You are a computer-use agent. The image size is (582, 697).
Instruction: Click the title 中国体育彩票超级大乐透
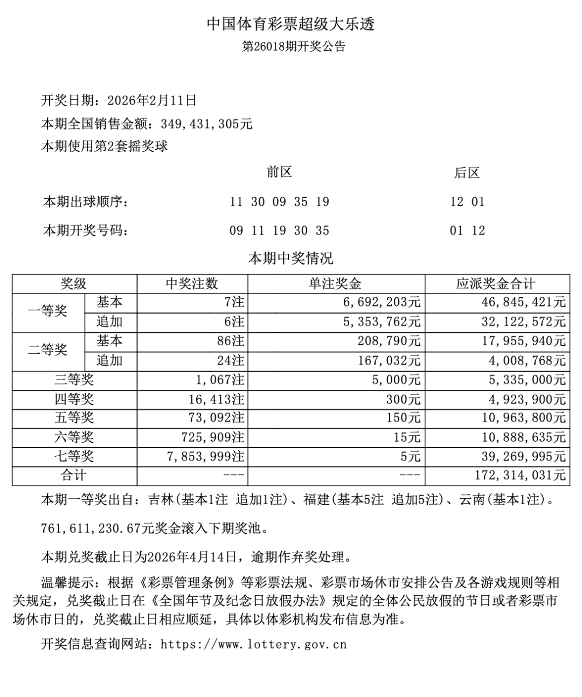pyautogui.click(x=290, y=24)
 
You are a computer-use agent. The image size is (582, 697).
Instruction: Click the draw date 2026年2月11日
pyautogui.click(x=152, y=100)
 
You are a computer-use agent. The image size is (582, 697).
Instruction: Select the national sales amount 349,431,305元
pyautogui.click(x=206, y=124)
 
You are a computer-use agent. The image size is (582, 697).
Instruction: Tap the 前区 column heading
pyautogui.click(x=279, y=172)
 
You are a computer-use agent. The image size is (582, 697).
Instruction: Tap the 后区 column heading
pyautogui.click(x=467, y=173)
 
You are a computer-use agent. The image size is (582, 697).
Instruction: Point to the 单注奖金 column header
pyautogui.click(x=335, y=284)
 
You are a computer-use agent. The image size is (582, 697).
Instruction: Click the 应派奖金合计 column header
pyautogui.click(x=496, y=284)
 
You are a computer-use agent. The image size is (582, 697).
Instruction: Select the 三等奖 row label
pyautogui.click(x=74, y=380)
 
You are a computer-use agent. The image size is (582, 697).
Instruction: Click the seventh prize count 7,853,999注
pyautogui.click(x=205, y=457)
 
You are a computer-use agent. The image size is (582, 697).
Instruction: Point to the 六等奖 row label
pyautogui.click(x=74, y=437)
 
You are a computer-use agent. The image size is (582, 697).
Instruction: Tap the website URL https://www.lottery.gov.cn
pyautogui.click(x=253, y=644)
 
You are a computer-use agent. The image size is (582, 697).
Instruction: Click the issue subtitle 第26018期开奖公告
pyautogui.click(x=294, y=46)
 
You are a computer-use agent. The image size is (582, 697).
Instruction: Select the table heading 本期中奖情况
pyautogui.click(x=290, y=258)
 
